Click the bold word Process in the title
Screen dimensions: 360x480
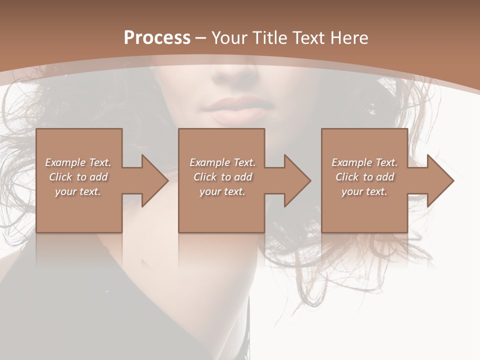pos(157,38)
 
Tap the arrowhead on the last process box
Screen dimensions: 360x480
pos(438,180)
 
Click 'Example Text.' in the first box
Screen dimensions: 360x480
pos(78,162)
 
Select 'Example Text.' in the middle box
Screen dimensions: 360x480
pos(222,162)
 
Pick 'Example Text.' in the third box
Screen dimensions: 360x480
pos(364,162)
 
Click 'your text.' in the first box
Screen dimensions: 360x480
pos(78,191)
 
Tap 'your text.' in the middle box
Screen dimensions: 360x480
pos(222,191)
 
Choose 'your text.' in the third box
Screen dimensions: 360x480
pos(364,191)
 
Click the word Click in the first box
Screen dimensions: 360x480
pos(60,177)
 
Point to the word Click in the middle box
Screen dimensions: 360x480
pos(205,177)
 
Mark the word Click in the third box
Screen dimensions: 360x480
pos(347,177)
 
